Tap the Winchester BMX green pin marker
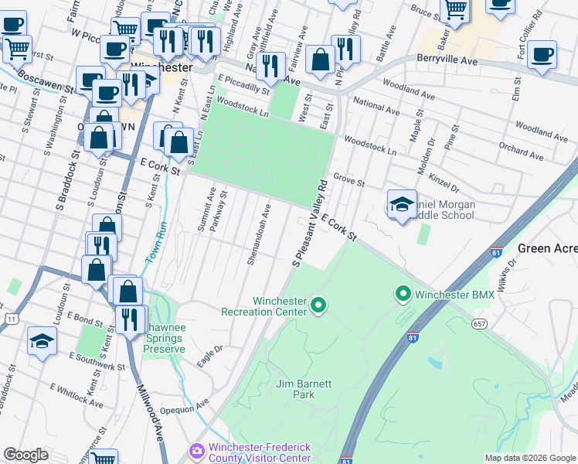coord(403,295)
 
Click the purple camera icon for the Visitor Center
coord(197,450)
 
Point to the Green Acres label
coord(547,248)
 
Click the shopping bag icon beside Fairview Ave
coord(319,59)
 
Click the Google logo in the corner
coord(25,455)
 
